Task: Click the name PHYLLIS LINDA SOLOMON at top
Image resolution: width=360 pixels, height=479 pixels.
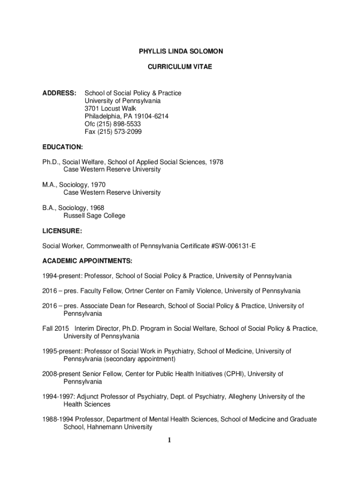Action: point(180,51)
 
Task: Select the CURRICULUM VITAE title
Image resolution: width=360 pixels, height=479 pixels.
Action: point(180,67)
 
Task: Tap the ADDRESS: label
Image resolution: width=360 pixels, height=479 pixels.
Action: point(59,93)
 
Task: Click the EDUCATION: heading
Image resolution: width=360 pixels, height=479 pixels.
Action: point(63,147)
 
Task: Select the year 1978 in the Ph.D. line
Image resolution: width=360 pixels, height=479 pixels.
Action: point(215,162)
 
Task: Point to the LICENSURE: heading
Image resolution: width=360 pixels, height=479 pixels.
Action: point(62,231)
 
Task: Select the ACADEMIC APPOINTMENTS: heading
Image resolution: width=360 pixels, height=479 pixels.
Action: point(87,261)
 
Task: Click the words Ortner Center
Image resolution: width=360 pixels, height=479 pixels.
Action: point(144,291)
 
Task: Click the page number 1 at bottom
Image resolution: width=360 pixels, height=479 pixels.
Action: point(170,440)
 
